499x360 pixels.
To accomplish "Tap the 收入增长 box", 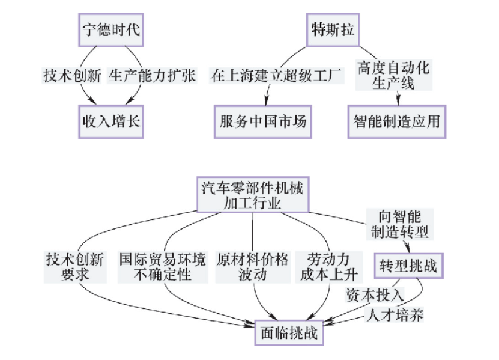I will coord(110,121).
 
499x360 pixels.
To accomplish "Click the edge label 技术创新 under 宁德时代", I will coord(70,76).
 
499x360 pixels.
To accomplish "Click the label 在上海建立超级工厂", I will coord(276,76).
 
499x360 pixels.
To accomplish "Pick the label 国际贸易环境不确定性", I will coord(162,267).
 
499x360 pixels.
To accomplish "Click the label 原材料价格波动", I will coord(252,267).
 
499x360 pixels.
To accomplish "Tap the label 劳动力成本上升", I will coord(329,267).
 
